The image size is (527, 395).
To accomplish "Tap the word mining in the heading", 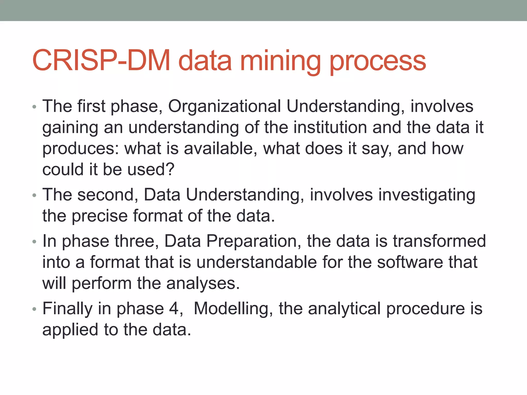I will [x=280, y=62].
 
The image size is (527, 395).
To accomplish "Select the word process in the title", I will [x=378, y=62].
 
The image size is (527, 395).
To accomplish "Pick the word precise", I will [x=99, y=216].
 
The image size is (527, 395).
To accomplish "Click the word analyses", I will [x=203, y=284].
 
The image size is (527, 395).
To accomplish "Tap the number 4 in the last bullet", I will [x=174, y=309].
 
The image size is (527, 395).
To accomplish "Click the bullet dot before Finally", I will [x=34, y=309].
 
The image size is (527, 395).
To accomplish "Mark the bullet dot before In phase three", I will [x=34, y=242].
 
